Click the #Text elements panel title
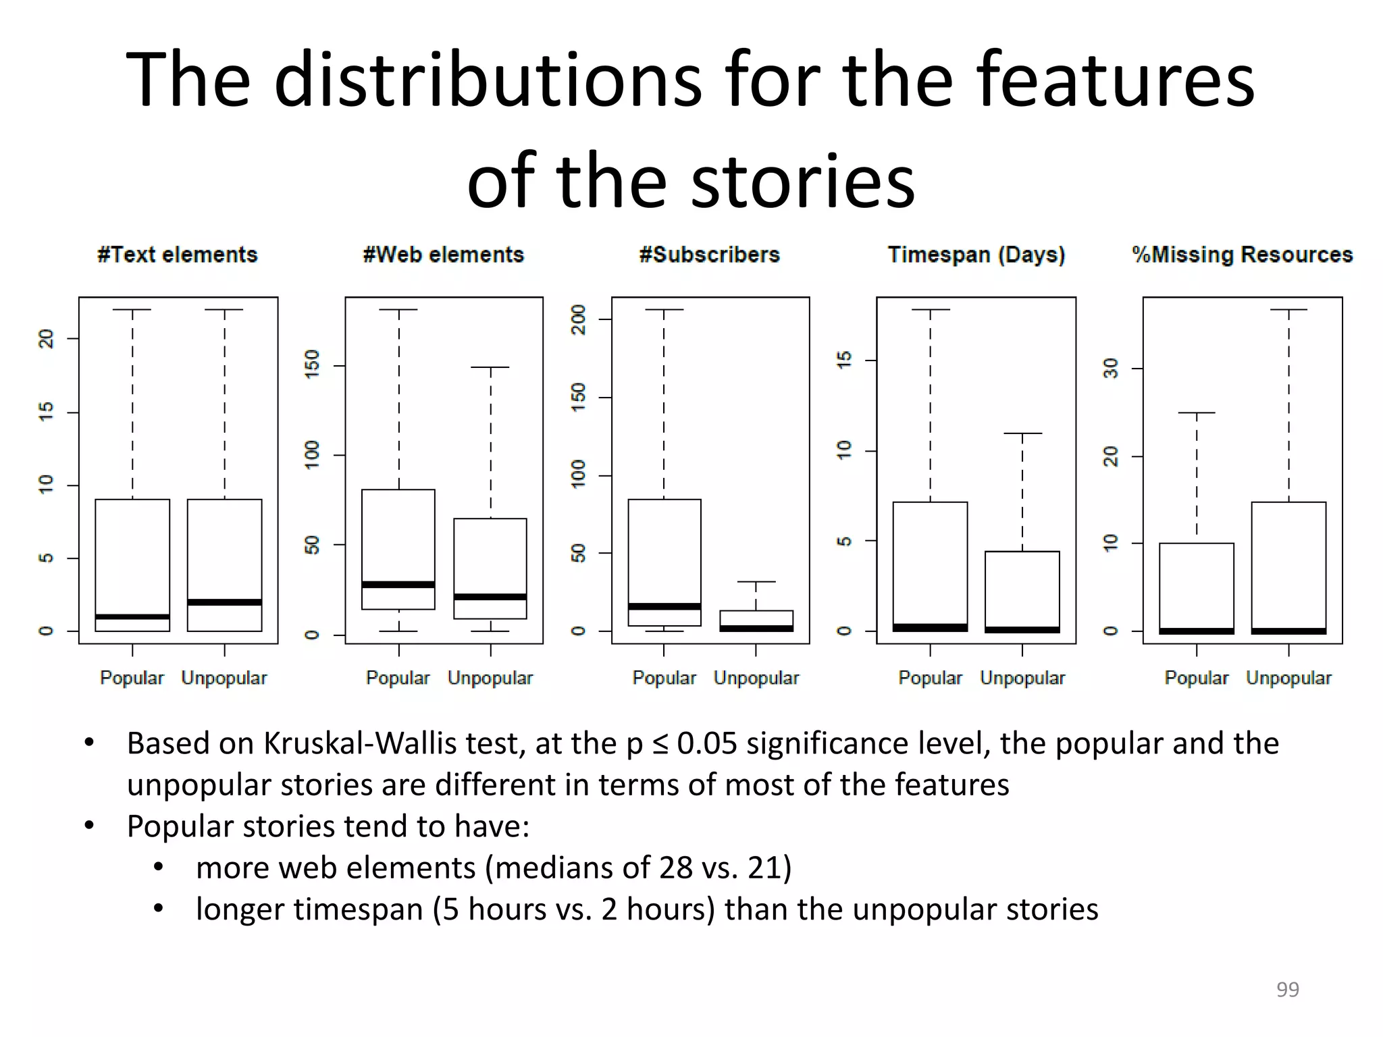(x=178, y=255)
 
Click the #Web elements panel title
(x=444, y=255)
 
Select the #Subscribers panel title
(x=710, y=255)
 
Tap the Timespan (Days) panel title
(x=976, y=255)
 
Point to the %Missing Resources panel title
(x=1243, y=255)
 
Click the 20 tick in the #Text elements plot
(x=46, y=338)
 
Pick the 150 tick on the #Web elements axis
(x=312, y=365)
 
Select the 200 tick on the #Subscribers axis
(x=579, y=319)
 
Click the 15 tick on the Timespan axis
(x=844, y=360)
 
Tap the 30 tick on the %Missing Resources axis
(x=1111, y=369)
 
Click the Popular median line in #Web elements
(x=398, y=585)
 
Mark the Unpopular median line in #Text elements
(x=224, y=602)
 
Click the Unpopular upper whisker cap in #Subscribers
(x=756, y=581)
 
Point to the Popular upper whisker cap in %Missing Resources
(x=1197, y=413)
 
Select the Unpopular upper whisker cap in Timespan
(x=1022, y=433)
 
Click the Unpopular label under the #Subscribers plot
(x=756, y=678)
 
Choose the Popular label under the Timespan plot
(x=930, y=678)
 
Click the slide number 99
(x=1288, y=989)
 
